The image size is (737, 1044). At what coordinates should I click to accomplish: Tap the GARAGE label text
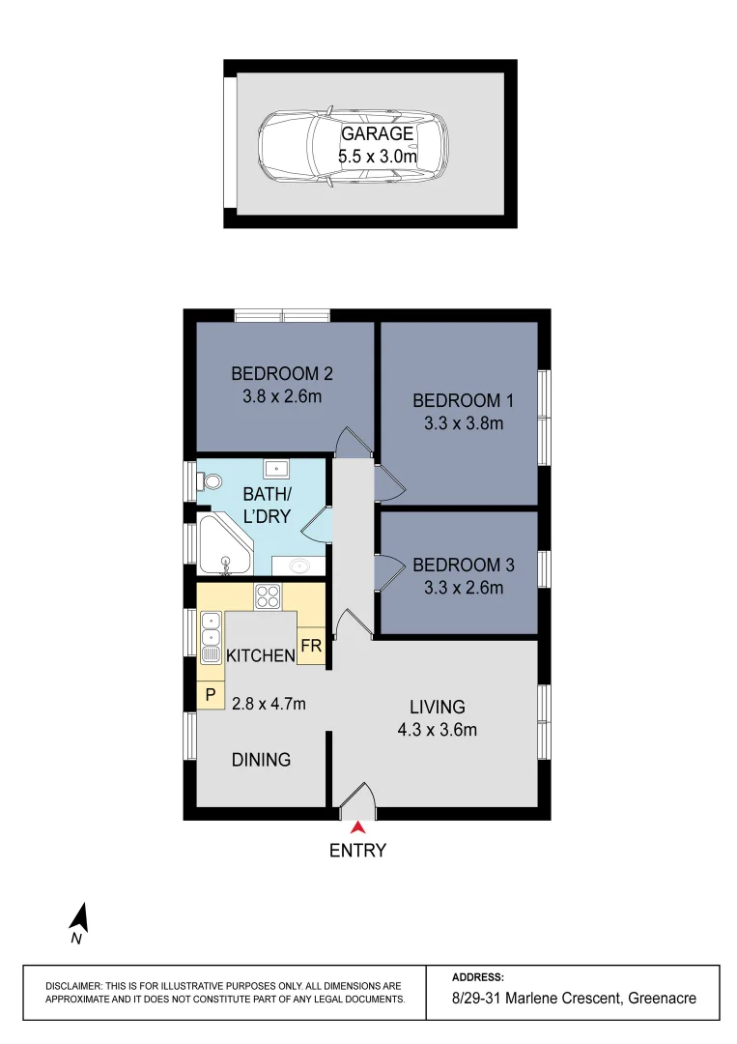(377, 134)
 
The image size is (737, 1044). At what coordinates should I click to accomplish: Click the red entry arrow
(357, 827)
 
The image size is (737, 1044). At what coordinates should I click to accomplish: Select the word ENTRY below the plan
(357, 851)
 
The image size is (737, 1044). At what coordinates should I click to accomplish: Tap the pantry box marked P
(210, 695)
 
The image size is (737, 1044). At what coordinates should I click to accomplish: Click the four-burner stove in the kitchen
(268, 595)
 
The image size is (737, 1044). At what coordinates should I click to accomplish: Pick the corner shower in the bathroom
(224, 546)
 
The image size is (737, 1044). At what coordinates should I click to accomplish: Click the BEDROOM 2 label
(282, 374)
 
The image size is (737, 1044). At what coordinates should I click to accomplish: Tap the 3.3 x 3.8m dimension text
(458, 422)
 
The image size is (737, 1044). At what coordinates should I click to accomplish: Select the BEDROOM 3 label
(458, 565)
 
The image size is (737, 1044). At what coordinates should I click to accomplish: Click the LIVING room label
(437, 707)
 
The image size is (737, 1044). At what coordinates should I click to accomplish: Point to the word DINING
(261, 760)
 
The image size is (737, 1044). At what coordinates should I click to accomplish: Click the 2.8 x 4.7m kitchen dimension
(269, 704)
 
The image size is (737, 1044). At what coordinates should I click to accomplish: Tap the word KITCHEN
(260, 656)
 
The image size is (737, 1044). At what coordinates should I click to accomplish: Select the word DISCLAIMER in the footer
(78, 985)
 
